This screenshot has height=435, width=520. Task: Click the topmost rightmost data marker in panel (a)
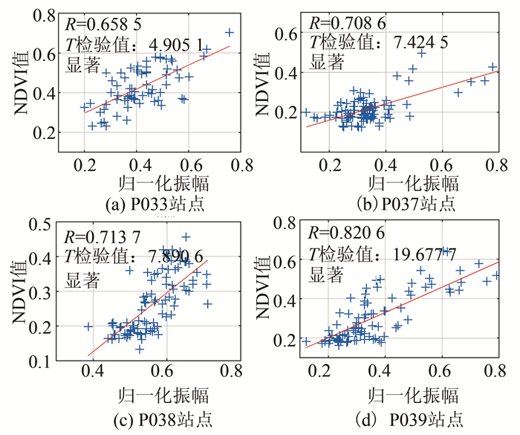point(230,32)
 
